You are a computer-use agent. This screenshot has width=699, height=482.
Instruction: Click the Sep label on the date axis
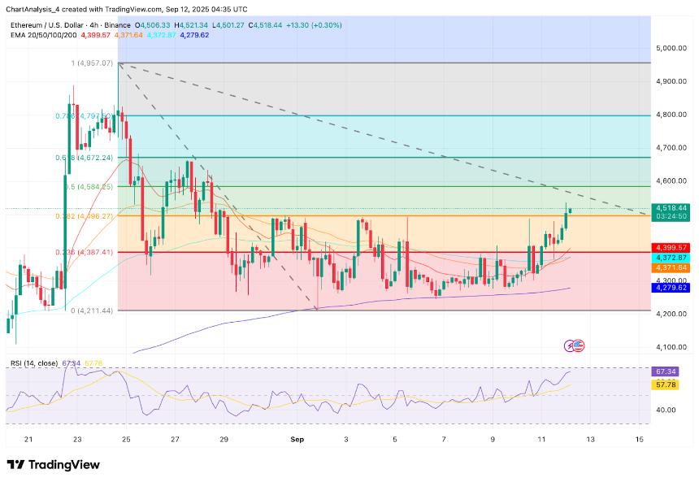pos(297,439)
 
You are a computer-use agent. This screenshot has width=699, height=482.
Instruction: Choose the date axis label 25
pos(126,439)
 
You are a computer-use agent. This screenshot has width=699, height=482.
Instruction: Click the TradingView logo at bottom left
pos(54,465)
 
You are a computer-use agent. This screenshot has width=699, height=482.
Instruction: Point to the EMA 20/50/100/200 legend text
pos(43,35)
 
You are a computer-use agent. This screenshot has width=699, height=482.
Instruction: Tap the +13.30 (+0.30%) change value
pos(315,25)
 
